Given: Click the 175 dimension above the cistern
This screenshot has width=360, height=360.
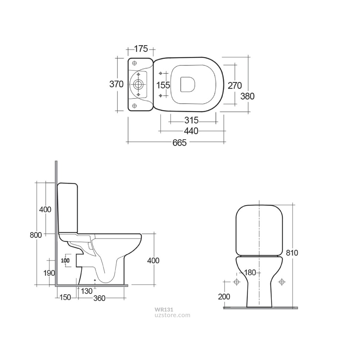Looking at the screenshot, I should [x=141, y=49].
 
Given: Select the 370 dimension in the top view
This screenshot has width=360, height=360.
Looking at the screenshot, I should [x=116, y=84].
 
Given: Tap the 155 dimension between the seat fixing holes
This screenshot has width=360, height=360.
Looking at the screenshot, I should [x=163, y=85].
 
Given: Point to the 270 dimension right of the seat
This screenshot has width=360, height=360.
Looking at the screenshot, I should [x=235, y=85].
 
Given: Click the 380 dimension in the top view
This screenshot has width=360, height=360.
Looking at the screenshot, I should [x=247, y=96].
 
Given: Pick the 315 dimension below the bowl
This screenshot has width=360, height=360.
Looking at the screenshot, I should [x=191, y=120].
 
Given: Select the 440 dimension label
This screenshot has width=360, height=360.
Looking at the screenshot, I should [x=191, y=131].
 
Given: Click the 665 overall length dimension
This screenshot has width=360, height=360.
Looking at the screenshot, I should [x=179, y=142].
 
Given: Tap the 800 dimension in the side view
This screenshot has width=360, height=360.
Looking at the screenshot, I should [x=36, y=235].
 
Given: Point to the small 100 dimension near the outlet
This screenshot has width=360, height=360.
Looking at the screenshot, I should [x=65, y=261].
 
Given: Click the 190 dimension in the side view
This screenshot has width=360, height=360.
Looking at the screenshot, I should [x=49, y=273].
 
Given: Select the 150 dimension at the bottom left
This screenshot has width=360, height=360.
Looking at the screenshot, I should [x=65, y=298].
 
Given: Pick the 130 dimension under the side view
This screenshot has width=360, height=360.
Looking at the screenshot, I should [x=86, y=291].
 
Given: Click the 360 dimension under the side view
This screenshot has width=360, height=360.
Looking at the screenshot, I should [x=99, y=298].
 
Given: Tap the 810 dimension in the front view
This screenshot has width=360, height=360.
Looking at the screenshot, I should [x=292, y=252].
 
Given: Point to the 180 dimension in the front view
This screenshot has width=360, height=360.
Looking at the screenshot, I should [x=250, y=272].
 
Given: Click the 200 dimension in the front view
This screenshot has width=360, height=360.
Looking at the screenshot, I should [x=224, y=296].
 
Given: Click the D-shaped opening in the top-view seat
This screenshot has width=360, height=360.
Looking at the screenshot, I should [x=188, y=84].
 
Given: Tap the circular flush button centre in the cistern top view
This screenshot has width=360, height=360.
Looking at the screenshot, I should [x=138, y=84].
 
